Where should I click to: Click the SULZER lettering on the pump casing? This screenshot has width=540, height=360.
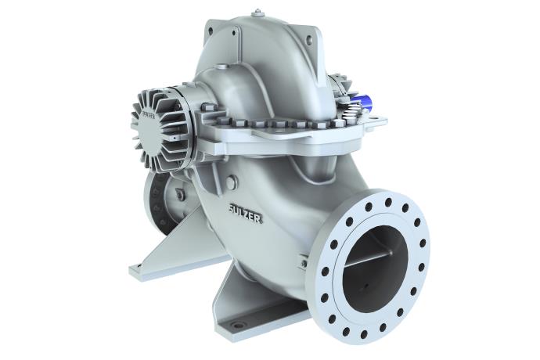pyautogui.click(x=245, y=213)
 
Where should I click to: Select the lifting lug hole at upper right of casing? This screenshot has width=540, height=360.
pyautogui.click(x=311, y=38)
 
